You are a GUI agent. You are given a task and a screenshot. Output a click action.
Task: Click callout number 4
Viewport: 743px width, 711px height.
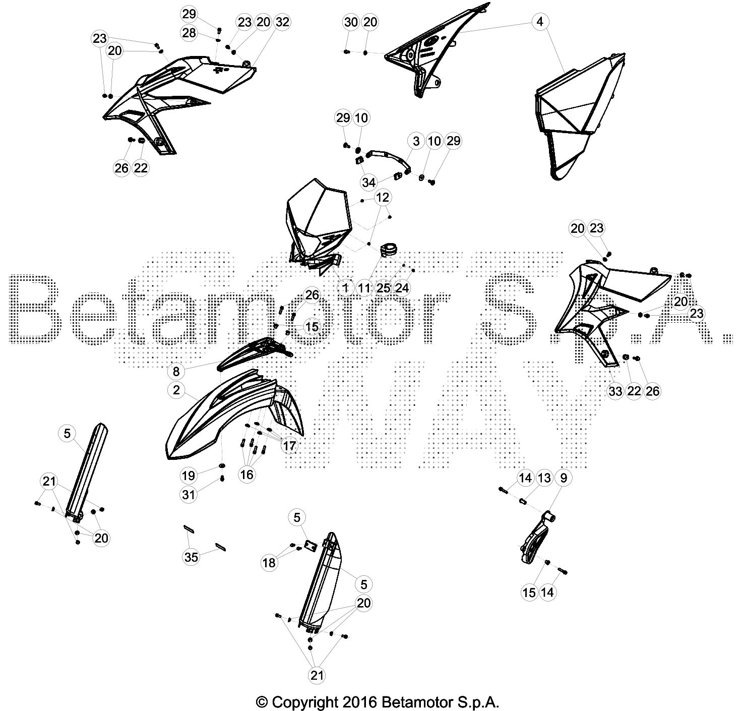point(539,22)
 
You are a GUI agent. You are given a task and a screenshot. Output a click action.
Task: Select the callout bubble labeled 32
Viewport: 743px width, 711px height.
point(282,22)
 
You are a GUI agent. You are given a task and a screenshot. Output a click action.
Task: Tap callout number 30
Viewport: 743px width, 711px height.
point(351,22)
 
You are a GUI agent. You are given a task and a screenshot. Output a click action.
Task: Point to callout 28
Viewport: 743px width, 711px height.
point(189,33)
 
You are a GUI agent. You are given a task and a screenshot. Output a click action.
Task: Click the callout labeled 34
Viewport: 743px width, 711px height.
point(368,183)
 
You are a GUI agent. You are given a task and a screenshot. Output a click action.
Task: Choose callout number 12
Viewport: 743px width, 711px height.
point(382,197)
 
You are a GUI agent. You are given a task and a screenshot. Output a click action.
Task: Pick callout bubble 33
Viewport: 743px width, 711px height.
point(615,391)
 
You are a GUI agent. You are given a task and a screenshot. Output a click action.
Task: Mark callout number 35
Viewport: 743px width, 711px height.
point(191,557)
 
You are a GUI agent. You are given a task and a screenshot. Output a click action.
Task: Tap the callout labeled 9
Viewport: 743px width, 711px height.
point(564,478)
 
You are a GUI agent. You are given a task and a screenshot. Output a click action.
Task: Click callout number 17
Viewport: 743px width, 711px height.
point(289,445)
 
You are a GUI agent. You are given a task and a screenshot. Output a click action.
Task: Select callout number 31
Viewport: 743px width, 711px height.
point(189,495)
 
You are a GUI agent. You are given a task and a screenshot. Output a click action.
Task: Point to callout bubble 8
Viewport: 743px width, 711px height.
point(176,371)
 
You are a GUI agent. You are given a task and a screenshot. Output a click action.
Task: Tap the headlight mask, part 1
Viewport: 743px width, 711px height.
point(317,225)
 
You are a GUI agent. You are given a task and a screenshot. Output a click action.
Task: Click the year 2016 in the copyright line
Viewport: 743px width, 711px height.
point(360,702)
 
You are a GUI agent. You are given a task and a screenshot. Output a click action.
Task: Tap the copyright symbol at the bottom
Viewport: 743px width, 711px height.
point(262,702)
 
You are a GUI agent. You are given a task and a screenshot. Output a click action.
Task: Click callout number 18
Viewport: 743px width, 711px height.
point(269,562)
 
